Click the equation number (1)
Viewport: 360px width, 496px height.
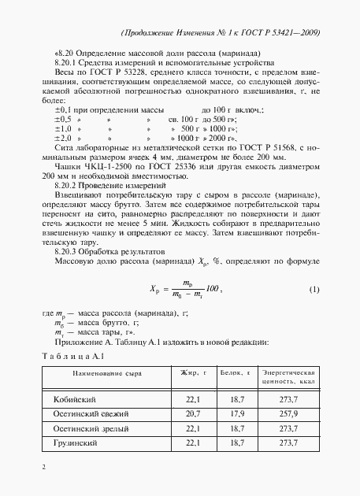click(x=314, y=290)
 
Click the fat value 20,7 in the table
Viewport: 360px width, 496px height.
click(x=193, y=413)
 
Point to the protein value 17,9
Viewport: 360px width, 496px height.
click(x=236, y=413)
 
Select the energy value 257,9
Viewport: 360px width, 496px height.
click(x=288, y=413)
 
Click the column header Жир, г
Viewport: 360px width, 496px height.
click(x=193, y=372)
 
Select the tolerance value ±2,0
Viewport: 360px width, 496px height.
click(x=63, y=136)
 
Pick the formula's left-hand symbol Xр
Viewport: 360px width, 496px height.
click(x=156, y=290)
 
